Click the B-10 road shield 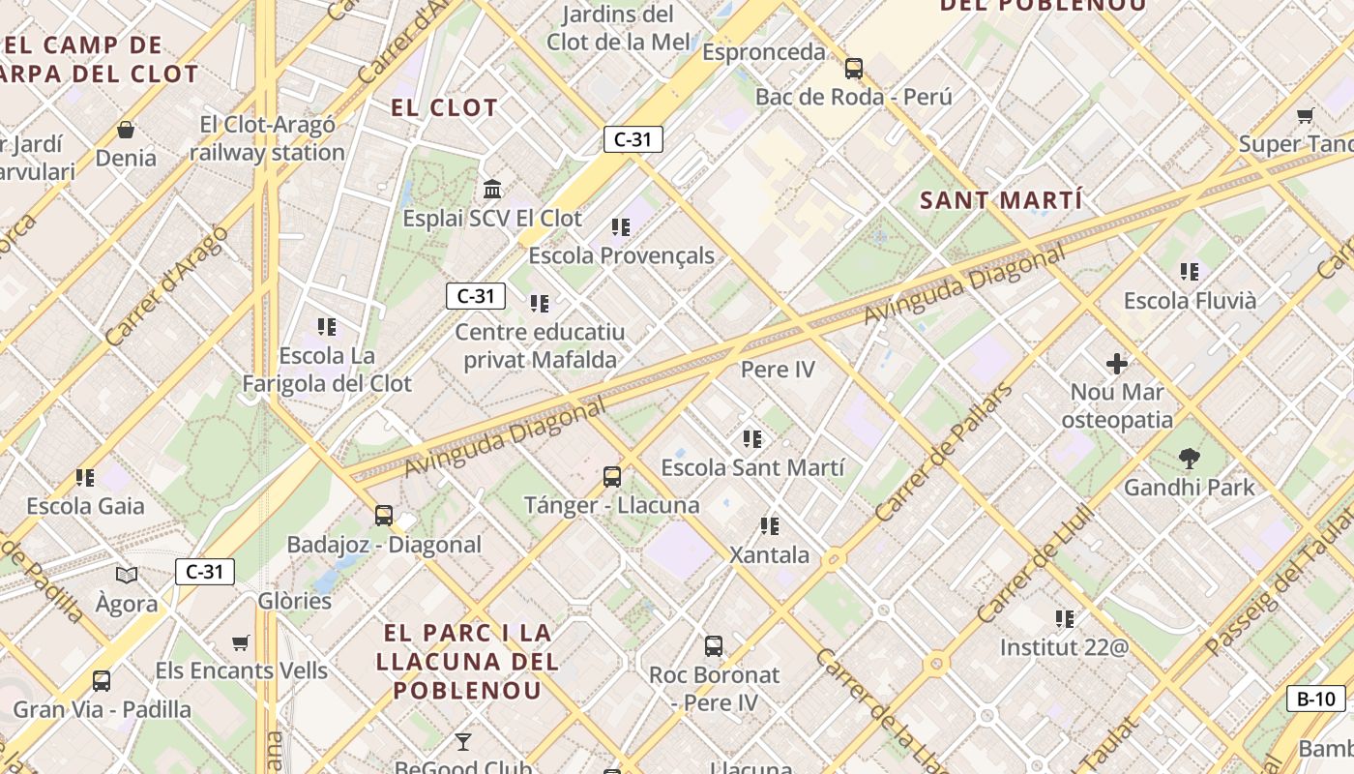pyautogui.click(x=1316, y=699)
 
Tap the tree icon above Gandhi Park pyautogui.click(x=1189, y=459)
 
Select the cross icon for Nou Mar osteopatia pyautogui.click(x=1117, y=364)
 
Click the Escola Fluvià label pyautogui.click(x=1190, y=301)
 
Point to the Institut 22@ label pyautogui.click(x=1064, y=647)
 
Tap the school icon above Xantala pyautogui.click(x=770, y=526)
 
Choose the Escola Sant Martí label pyautogui.click(x=752, y=468)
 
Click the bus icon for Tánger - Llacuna pyautogui.click(x=611, y=476)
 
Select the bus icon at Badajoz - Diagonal pyautogui.click(x=384, y=516)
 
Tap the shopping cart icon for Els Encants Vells pyautogui.click(x=241, y=642)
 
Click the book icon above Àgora pyautogui.click(x=127, y=576)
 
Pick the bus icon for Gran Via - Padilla pyautogui.click(x=102, y=681)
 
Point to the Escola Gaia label pyautogui.click(x=85, y=506)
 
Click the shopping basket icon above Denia pyautogui.click(x=126, y=130)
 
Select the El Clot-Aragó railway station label pyautogui.click(x=267, y=138)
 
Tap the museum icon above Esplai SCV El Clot pyautogui.click(x=492, y=189)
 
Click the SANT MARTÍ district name pyautogui.click(x=1001, y=201)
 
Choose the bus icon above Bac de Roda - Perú pyautogui.click(x=853, y=69)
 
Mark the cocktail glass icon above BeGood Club pyautogui.click(x=463, y=742)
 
